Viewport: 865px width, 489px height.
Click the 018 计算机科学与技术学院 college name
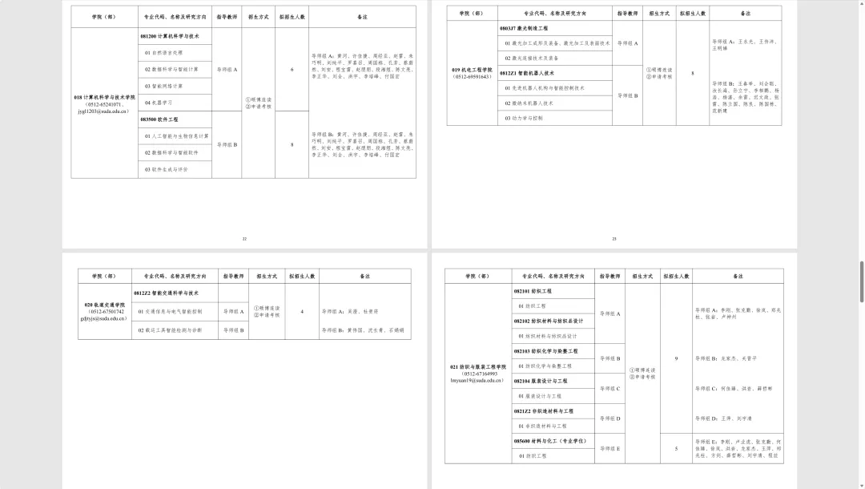pyautogui.click(x=105, y=97)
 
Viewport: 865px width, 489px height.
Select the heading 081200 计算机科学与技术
pyautogui.click(x=170, y=36)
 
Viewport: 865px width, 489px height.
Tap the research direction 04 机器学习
pyautogui.click(x=159, y=103)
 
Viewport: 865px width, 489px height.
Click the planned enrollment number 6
pyautogui.click(x=292, y=70)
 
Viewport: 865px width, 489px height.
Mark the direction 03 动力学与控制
pyautogui.click(x=524, y=118)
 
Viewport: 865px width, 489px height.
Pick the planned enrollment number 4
pyautogui.click(x=301, y=311)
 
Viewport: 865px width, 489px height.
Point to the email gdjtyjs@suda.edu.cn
pyautogui.click(x=104, y=318)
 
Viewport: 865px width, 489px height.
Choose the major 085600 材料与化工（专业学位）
pyautogui.click(x=550, y=440)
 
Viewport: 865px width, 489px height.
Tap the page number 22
pyautogui.click(x=244, y=238)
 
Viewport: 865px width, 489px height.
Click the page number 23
pyautogui.click(x=614, y=238)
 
